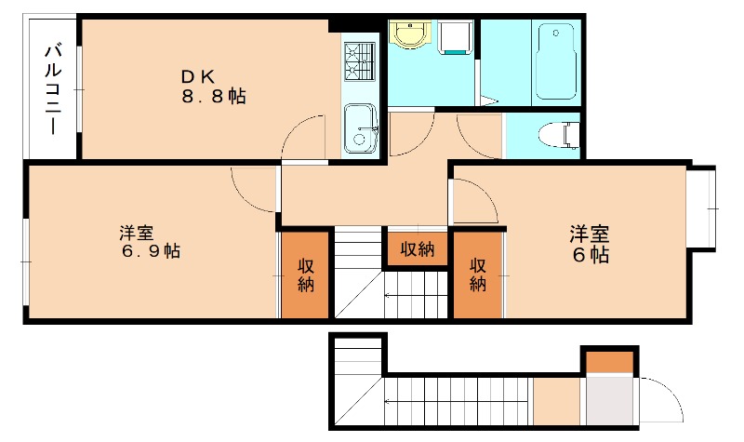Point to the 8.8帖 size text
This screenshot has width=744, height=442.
213,97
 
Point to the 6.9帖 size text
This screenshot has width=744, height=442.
149,251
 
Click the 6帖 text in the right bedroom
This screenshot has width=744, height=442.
591,254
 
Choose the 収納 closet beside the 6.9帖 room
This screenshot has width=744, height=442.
305,275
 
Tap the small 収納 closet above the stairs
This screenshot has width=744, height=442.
418,248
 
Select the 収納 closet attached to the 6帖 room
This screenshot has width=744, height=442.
477,275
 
